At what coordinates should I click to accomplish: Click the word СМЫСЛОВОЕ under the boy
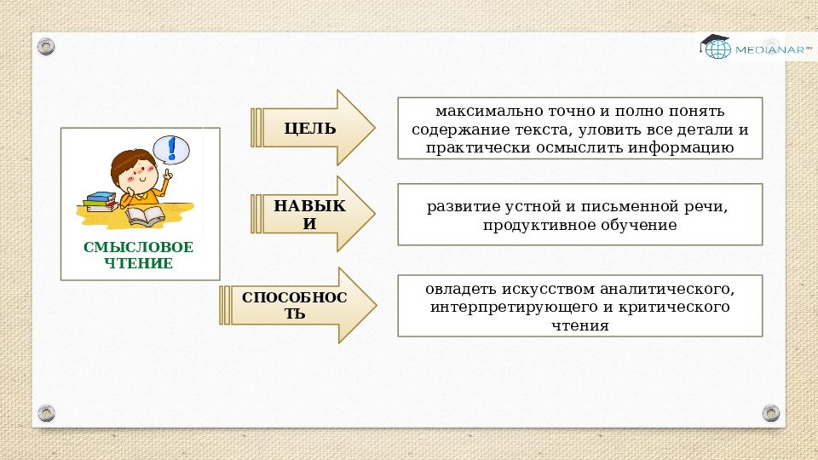139,247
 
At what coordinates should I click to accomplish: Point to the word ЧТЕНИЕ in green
139,263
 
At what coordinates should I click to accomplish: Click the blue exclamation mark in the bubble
172,149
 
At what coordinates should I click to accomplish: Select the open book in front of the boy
147,216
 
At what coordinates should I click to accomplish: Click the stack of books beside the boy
101,202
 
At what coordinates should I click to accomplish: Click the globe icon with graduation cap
715,47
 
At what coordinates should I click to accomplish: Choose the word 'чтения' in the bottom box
579,325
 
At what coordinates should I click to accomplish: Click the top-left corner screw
46,45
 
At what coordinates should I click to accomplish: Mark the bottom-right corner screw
771,413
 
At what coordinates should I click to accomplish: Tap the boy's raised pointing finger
168,173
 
